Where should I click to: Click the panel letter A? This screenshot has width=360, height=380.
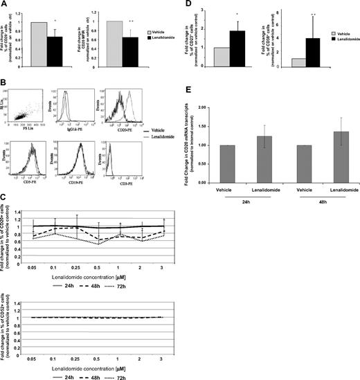point(4,5)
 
